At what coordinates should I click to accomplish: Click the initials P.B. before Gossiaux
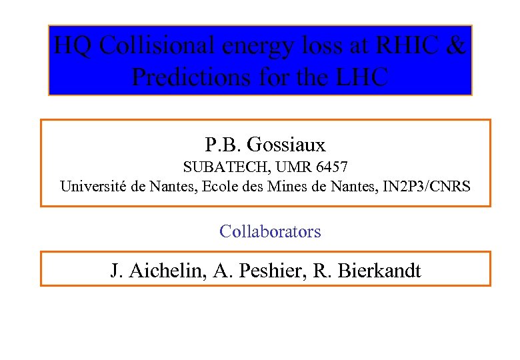point(223,144)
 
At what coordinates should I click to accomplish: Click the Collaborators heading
point(270,231)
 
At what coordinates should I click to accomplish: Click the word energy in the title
point(257,46)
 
